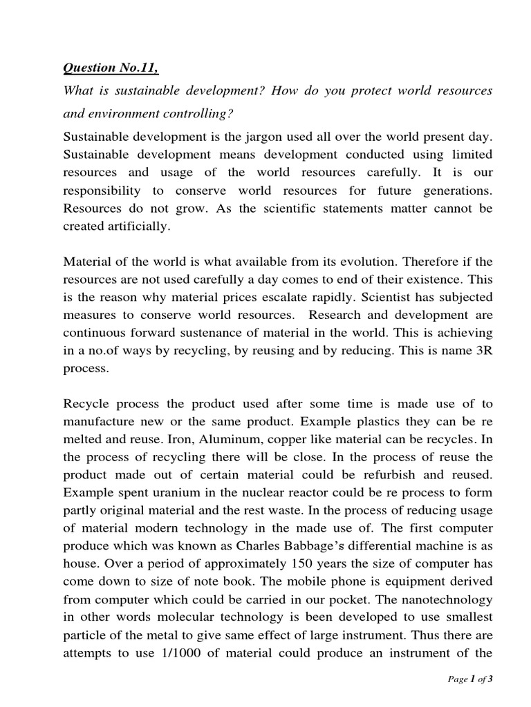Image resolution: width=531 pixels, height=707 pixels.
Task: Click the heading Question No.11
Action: (x=110, y=68)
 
